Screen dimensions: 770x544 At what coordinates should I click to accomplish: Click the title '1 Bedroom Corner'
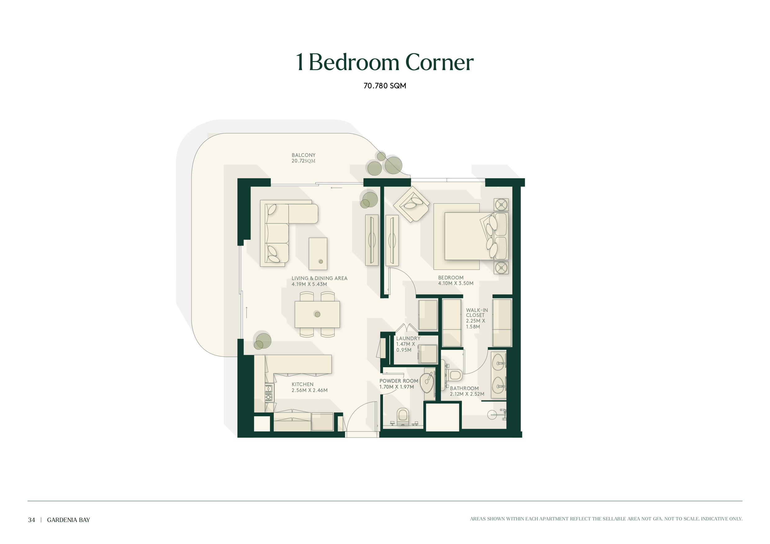[385, 62]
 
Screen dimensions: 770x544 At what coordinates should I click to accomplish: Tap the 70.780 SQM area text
[385, 86]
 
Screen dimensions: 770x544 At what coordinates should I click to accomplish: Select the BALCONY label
[304, 155]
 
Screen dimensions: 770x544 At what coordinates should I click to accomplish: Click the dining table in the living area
[317, 314]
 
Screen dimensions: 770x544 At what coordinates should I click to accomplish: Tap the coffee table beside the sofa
[317, 254]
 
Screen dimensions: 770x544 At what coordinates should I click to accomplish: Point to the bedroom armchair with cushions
[411, 204]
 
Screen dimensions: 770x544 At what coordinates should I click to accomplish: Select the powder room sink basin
[427, 383]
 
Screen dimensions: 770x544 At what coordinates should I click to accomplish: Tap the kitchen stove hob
[269, 393]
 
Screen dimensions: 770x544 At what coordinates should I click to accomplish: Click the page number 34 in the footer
[32, 520]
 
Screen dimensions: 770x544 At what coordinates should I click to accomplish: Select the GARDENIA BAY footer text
[68, 520]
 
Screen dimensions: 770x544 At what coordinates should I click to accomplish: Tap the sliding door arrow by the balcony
[336, 188]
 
